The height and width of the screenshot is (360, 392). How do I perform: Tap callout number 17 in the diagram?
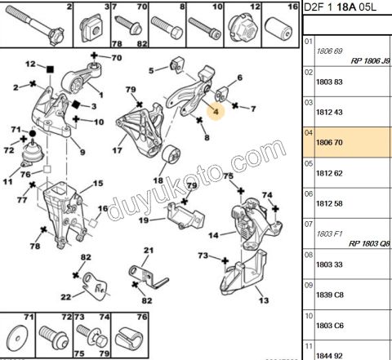coord(118,150)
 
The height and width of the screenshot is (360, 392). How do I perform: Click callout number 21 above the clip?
coord(149,251)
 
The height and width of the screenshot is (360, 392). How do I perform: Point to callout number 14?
coord(214,235)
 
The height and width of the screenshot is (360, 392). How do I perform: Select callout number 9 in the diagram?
coord(82,152)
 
